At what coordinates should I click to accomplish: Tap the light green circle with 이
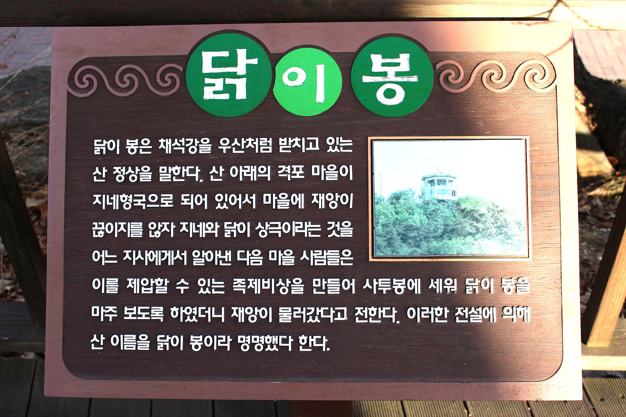307,82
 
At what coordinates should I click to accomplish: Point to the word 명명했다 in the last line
265,343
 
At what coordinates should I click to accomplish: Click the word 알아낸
211,257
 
